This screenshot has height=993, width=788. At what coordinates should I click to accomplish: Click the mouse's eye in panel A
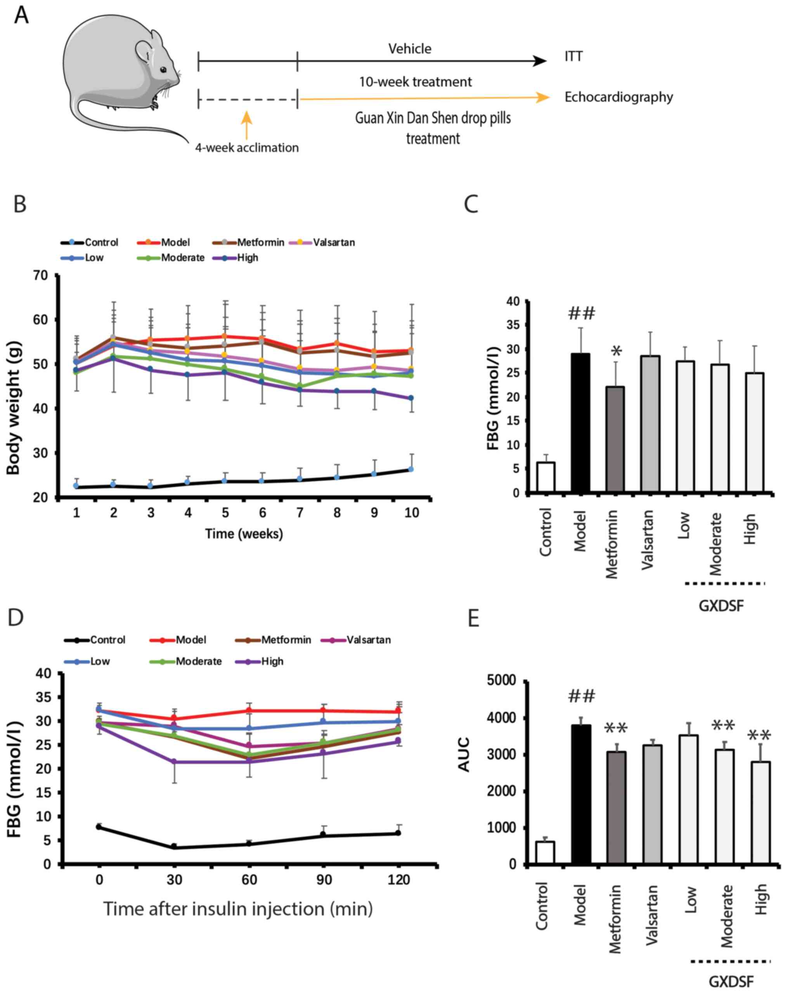(x=163, y=69)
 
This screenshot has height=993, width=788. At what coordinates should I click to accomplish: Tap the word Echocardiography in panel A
(x=618, y=97)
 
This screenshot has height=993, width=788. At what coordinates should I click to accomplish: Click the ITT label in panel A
(x=573, y=57)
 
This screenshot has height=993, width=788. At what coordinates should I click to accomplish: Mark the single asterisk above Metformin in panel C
(x=616, y=352)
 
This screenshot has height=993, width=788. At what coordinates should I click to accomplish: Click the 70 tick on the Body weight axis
(x=40, y=276)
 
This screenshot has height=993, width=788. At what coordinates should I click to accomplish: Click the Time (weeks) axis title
(x=244, y=534)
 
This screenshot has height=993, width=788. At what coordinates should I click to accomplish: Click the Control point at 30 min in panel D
(x=174, y=846)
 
